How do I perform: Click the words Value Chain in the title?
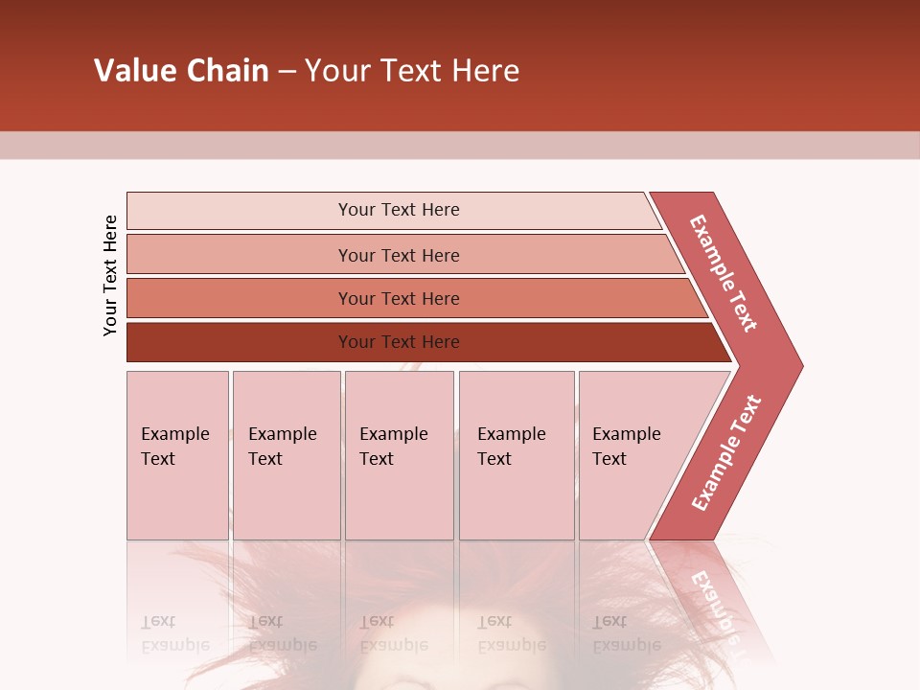coord(181,71)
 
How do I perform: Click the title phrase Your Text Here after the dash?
coord(412,71)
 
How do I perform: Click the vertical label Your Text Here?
coord(111,275)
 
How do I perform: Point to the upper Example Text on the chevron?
coord(724,273)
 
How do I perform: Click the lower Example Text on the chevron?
coord(726,453)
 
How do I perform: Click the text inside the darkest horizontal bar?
coord(399,342)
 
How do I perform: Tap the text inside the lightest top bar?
coord(399,210)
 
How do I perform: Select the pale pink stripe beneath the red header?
coord(460,145)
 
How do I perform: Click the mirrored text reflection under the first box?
coord(174,633)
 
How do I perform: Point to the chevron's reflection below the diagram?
coord(714,599)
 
